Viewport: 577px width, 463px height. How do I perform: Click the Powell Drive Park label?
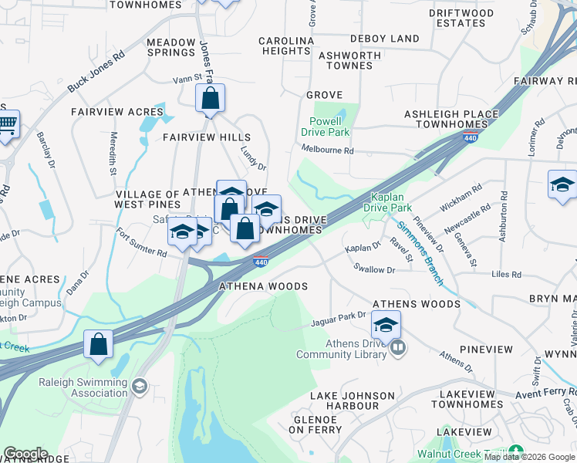(x=329, y=127)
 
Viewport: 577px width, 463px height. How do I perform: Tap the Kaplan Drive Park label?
(x=390, y=202)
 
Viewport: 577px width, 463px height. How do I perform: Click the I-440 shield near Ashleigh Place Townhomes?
(x=469, y=137)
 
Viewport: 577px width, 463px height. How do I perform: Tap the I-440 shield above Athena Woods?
(x=262, y=262)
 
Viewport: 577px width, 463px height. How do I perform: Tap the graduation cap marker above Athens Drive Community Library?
(x=386, y=325)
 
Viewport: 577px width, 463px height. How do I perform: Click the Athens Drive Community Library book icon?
(x=398, y=348)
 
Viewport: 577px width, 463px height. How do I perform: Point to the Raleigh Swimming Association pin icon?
(x=139, y=386)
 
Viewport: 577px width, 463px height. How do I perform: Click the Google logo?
(x=25, y=453)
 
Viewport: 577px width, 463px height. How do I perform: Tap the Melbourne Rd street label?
(x=327, y=150)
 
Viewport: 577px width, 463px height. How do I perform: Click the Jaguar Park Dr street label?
(x=339, y=316)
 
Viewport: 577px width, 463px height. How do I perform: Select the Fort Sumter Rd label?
(x=141, y=242)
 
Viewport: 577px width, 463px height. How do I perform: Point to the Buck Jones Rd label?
(x=96, y=72)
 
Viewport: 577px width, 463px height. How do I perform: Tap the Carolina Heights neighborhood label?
(x=285, y=46)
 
